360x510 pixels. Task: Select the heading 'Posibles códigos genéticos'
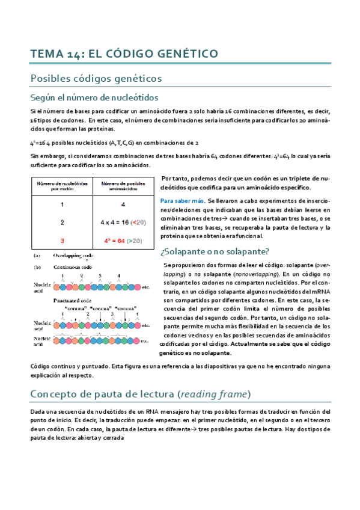click(96, 78)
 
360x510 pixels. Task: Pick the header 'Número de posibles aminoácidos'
click(123, 185)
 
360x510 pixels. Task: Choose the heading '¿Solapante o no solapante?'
click(215, 235)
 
